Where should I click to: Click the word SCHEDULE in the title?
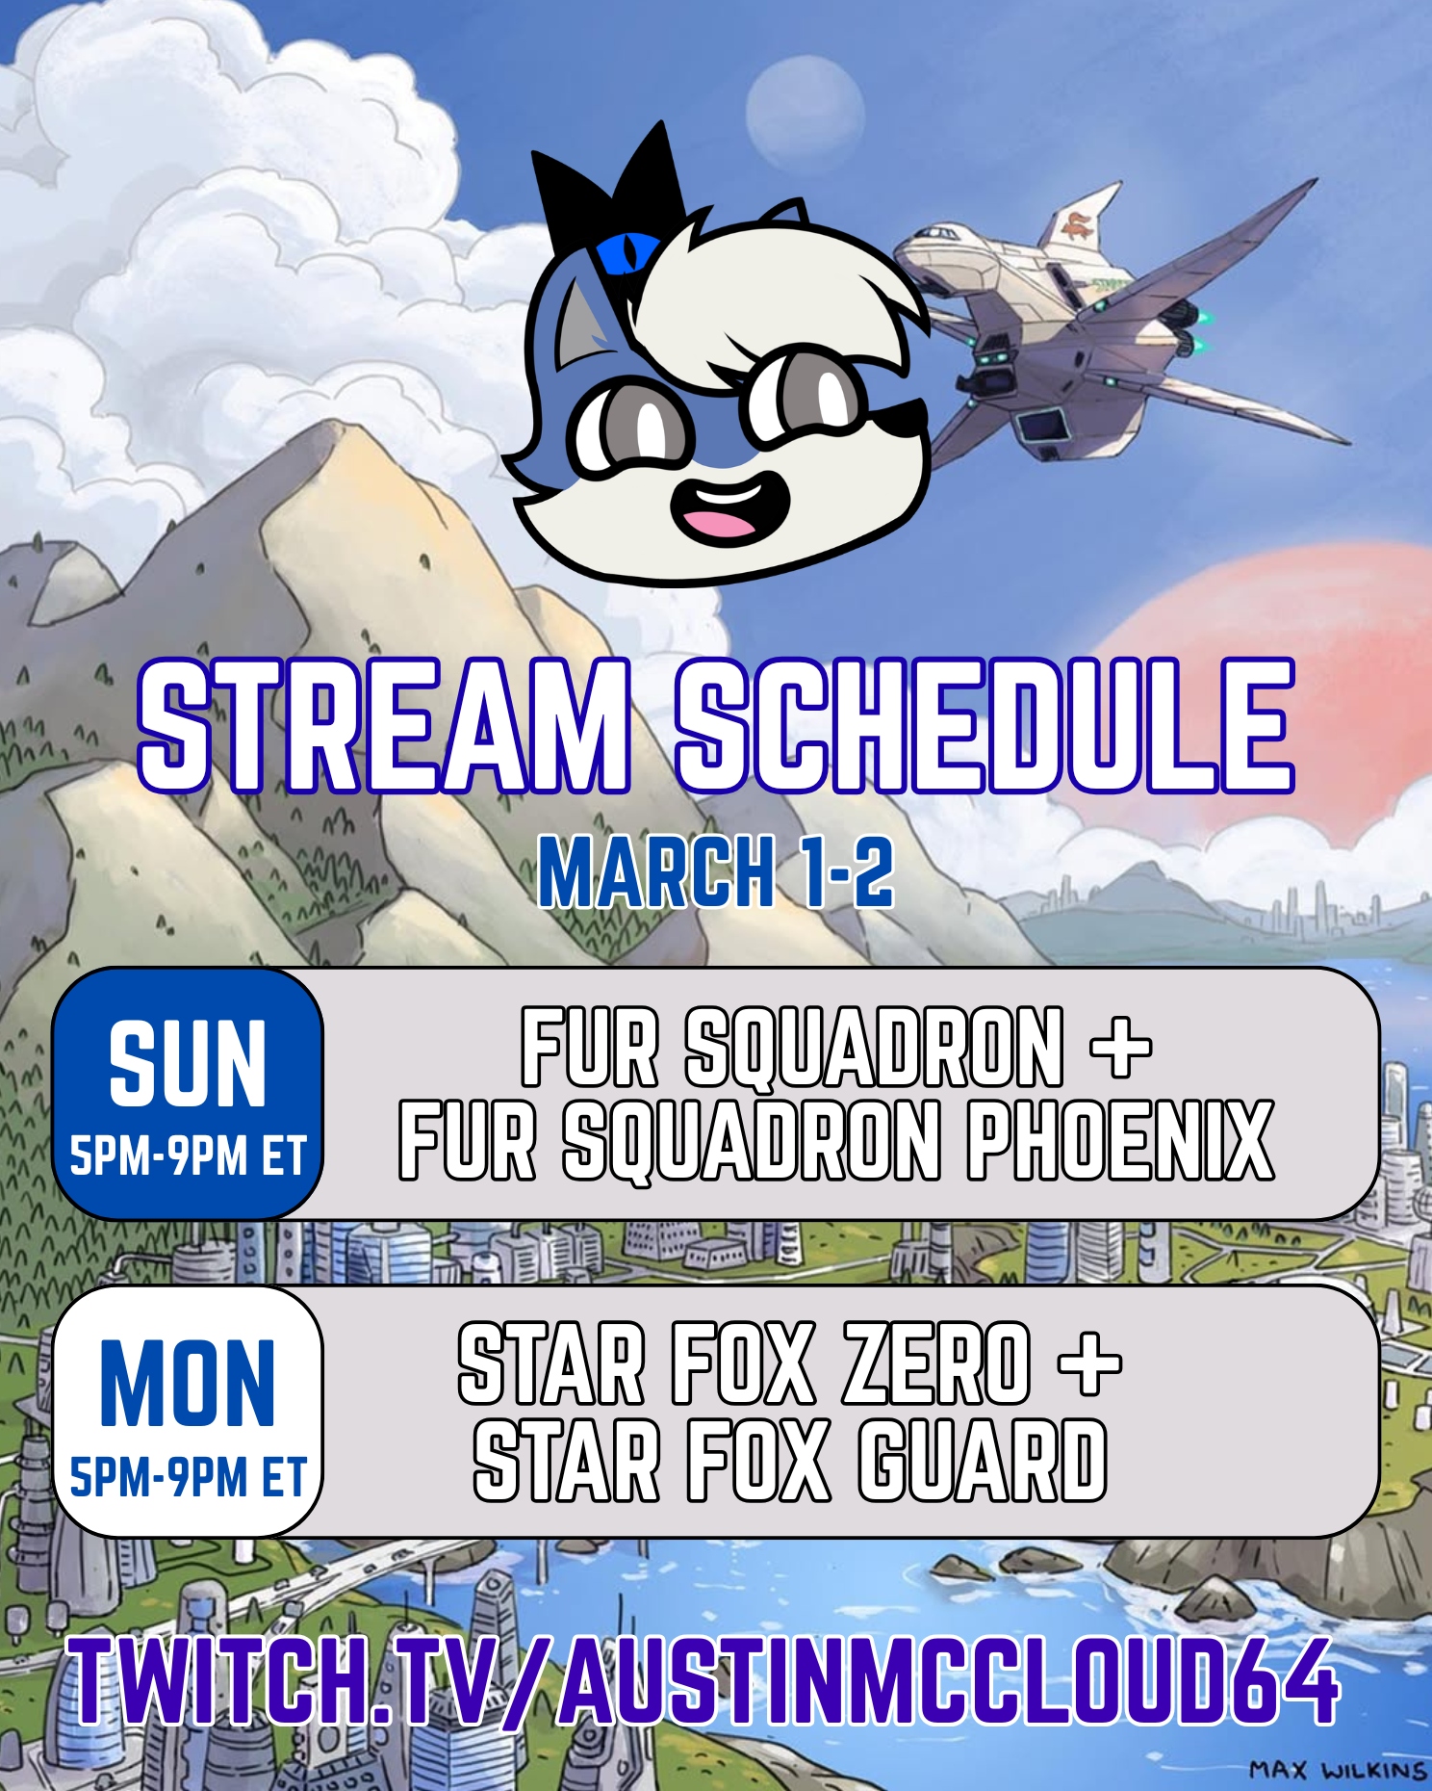point(984,726)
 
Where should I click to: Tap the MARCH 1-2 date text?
point(716,871)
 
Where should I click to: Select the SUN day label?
point(188,1064)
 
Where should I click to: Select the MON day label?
point(188,1383)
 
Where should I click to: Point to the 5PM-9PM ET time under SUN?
point(188,1155)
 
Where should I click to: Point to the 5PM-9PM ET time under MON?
point(188,1477)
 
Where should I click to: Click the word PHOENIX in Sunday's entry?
point(1121,1140)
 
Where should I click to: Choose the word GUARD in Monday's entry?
point(983,1461)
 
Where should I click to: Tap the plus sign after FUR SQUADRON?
point(1121,1048)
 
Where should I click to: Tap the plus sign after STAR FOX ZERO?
point(1089,1365)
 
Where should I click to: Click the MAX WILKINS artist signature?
point(1338,1770)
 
